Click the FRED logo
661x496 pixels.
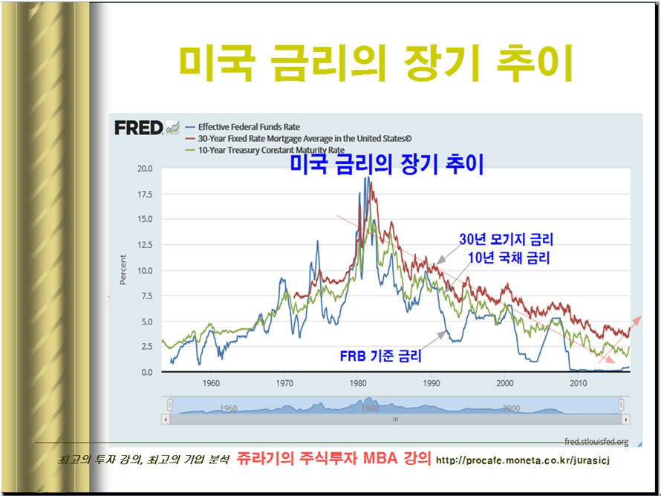pyautogui.click(x=147, y=128)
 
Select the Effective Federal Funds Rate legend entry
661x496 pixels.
pyautogui.click(x=243, y=127)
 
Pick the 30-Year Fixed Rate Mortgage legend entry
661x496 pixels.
pyautogui.click(x=299, y=138)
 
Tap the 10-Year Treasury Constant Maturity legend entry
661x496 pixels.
pyautogui.click(x=265, y=149)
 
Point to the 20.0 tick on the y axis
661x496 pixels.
pyautogui.click(x=145, y=169)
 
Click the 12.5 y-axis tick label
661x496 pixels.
pyautogui.click(x=145, y=245)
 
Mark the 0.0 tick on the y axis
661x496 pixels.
pyautogui.click(x=147, y=372)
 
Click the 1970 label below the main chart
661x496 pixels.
pyautogui.click(x=284, y=383)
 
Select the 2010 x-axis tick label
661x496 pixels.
pyautogui.click(x=579, y=383)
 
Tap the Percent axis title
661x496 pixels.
pyautogui.click(x=123, y=270)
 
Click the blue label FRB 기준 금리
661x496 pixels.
pyautogui.click(x=381, y=356)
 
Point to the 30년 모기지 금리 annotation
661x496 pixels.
pyautogui.click(x=506, y=239)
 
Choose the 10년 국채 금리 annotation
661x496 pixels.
pyautogui.click(x=509, y=258)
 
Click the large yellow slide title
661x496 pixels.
pyautogui.click(x=376, y=64)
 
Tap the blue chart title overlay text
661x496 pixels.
pyautogui.click(x=387, y=164)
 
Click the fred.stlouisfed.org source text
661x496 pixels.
pyautogui.click(x=596, y=442)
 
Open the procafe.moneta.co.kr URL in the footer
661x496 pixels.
pyautogui.click(x=523, y=460)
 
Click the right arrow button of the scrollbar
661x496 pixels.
pyautogui.click(x=625, y=420)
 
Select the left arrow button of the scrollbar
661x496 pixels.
pyautogui.click(x=166, y=420)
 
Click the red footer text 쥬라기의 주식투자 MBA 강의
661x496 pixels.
pyautogui.click(x=333, y=458)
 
